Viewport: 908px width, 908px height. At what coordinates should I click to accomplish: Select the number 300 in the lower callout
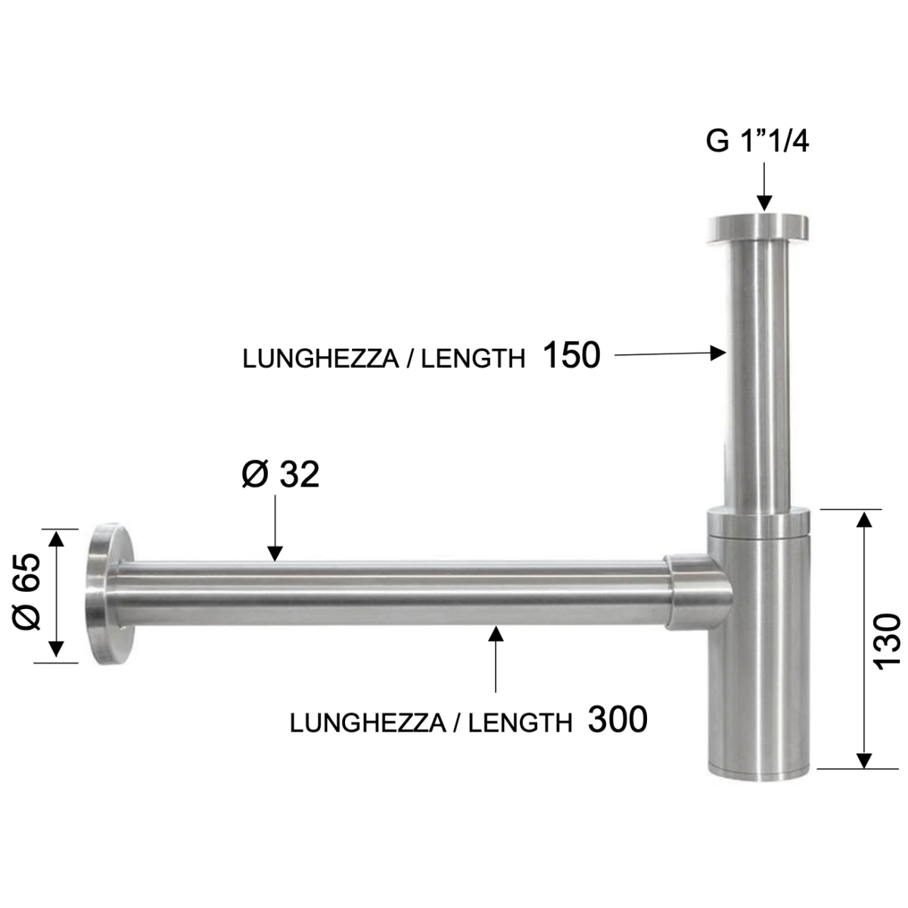[617, 720]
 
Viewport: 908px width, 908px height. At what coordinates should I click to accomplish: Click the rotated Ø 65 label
[27, 592]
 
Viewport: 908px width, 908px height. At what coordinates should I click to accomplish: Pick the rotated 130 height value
[887, 642]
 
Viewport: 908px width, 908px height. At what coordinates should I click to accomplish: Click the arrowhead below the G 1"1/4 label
[764, 203]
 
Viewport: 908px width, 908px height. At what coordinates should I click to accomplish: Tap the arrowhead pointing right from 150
[717, 353]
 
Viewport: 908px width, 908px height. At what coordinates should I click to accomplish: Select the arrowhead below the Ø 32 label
[275, 554]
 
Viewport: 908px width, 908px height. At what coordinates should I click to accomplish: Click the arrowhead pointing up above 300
[496, 634]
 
